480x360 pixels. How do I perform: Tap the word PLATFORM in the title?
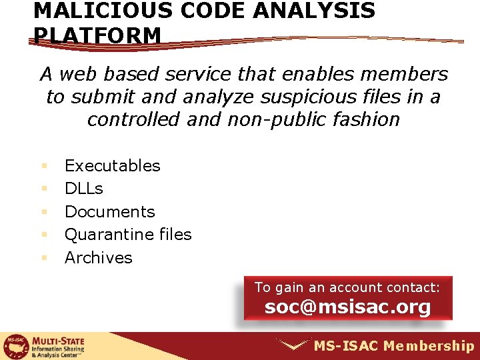(x=97, y=35)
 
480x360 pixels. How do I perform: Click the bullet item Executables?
(x=112, y=165)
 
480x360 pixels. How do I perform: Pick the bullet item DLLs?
(x=83, y=189)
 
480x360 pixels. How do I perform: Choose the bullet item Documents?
(x=109, y=212)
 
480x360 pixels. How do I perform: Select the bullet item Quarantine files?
(x=127, y=235)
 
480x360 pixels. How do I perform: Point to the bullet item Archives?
(x=98, y=258)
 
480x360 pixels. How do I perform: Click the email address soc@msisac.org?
(x=347, y=307)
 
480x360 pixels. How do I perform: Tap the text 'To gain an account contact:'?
(x=347, y=287)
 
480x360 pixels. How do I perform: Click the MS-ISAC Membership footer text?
(x=393, y=345)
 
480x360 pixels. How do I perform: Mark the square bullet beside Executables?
(x=45, y=165)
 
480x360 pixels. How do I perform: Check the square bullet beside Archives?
(x=45, y=258)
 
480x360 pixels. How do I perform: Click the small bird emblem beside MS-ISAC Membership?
(x=294, y=345)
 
